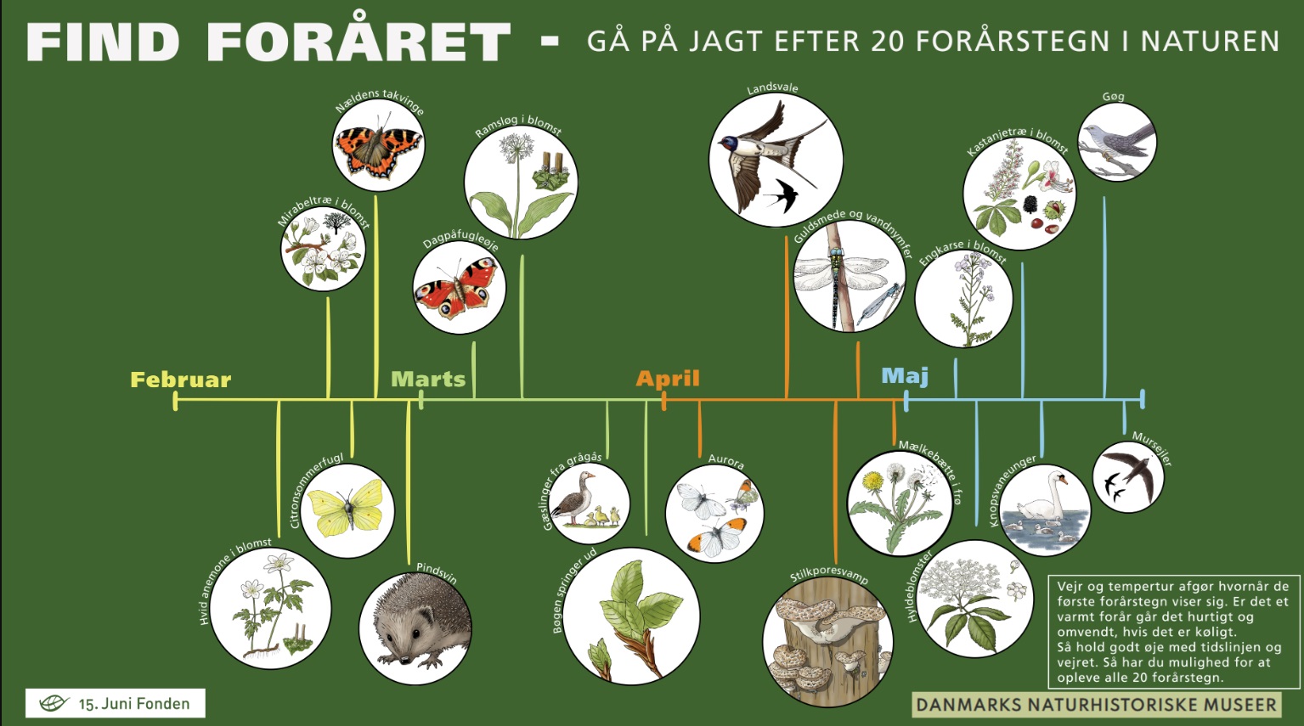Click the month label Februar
pyautogui.click(x=180, y=380)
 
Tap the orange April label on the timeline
pyautogui.click(x=667, y=379)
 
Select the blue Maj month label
pyautogui.click(x=905, y=376)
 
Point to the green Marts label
pyautogui.click(x=428, y=380)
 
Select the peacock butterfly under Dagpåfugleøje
pyautogui.click(x=457, y=288)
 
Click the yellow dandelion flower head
pyautogui.click(x=872, y=481)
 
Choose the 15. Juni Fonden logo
pyautogui.click(x=116, y=703)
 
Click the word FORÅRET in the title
pyautogui.click(x=358, y=41)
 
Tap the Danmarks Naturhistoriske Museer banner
pyautogui.click(x=1096, y=705)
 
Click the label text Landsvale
pyautogui.click(x=772, y=88)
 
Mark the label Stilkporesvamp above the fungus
pyautogui.click(x=829, y=574)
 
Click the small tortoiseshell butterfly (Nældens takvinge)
pyautogui.click(x=378, y=149)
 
